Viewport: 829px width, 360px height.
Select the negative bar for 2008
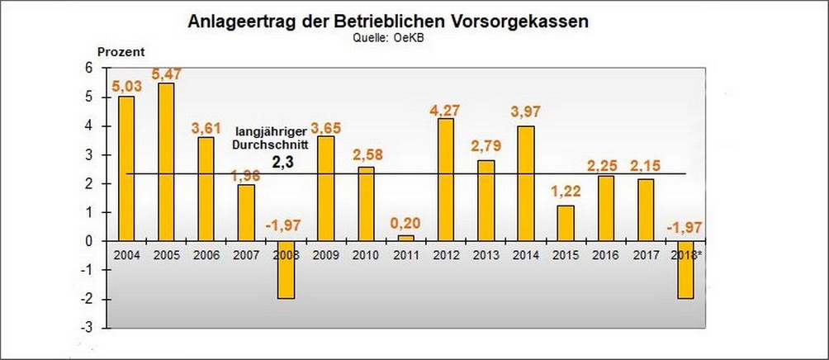click(286, 270)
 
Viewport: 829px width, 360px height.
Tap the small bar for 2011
click(405, 238)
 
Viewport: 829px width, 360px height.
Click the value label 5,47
click(166, 73)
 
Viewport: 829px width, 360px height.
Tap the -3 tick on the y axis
click(99, 328)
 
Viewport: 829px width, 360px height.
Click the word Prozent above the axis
click(121, 51)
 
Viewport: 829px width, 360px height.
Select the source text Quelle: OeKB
click(388, 37)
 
